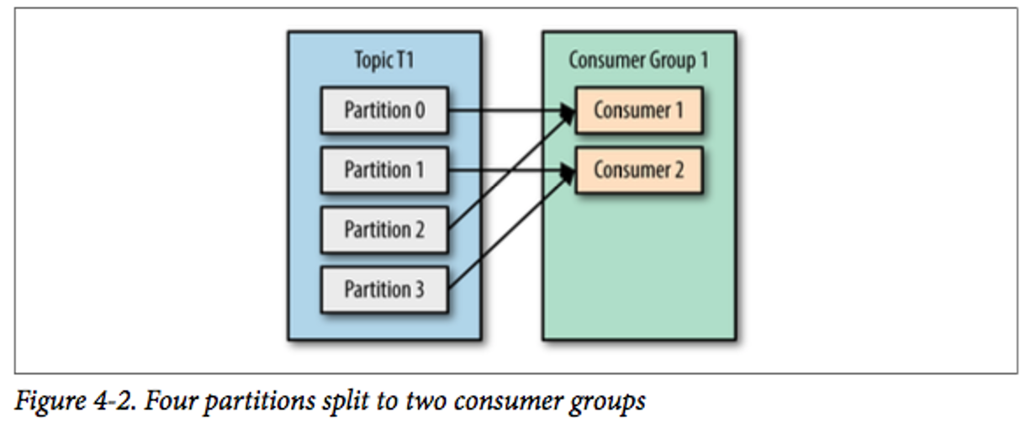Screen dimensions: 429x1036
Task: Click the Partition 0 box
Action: coord(384,110)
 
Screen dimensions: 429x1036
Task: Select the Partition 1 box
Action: coord(384,170)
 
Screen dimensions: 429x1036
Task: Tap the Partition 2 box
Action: coord(384,230)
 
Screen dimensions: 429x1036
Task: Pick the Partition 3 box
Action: coord(384,289)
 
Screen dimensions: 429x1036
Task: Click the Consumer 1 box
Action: coord(638,110)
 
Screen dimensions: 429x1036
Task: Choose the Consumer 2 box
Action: coord(638,170)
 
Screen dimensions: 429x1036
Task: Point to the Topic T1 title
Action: coord(384,61)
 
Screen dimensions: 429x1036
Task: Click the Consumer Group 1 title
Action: coord(639,61)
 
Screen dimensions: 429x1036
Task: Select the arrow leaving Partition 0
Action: coord(505,110)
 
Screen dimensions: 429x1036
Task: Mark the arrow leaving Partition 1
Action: coord(505,170)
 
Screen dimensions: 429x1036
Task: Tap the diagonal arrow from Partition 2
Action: coord(510,171)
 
